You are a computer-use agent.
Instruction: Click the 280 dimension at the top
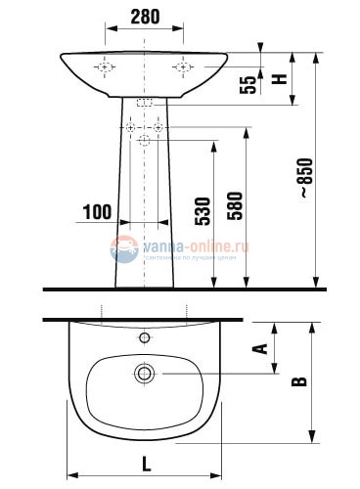[145, 17]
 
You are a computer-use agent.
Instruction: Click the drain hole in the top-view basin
[145, 373]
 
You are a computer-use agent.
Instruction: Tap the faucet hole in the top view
[145, 338]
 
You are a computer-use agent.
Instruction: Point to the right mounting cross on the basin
[183, 67]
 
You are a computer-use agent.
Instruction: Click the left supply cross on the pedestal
[131, 128]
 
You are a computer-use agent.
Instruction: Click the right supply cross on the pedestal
[158, 128]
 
